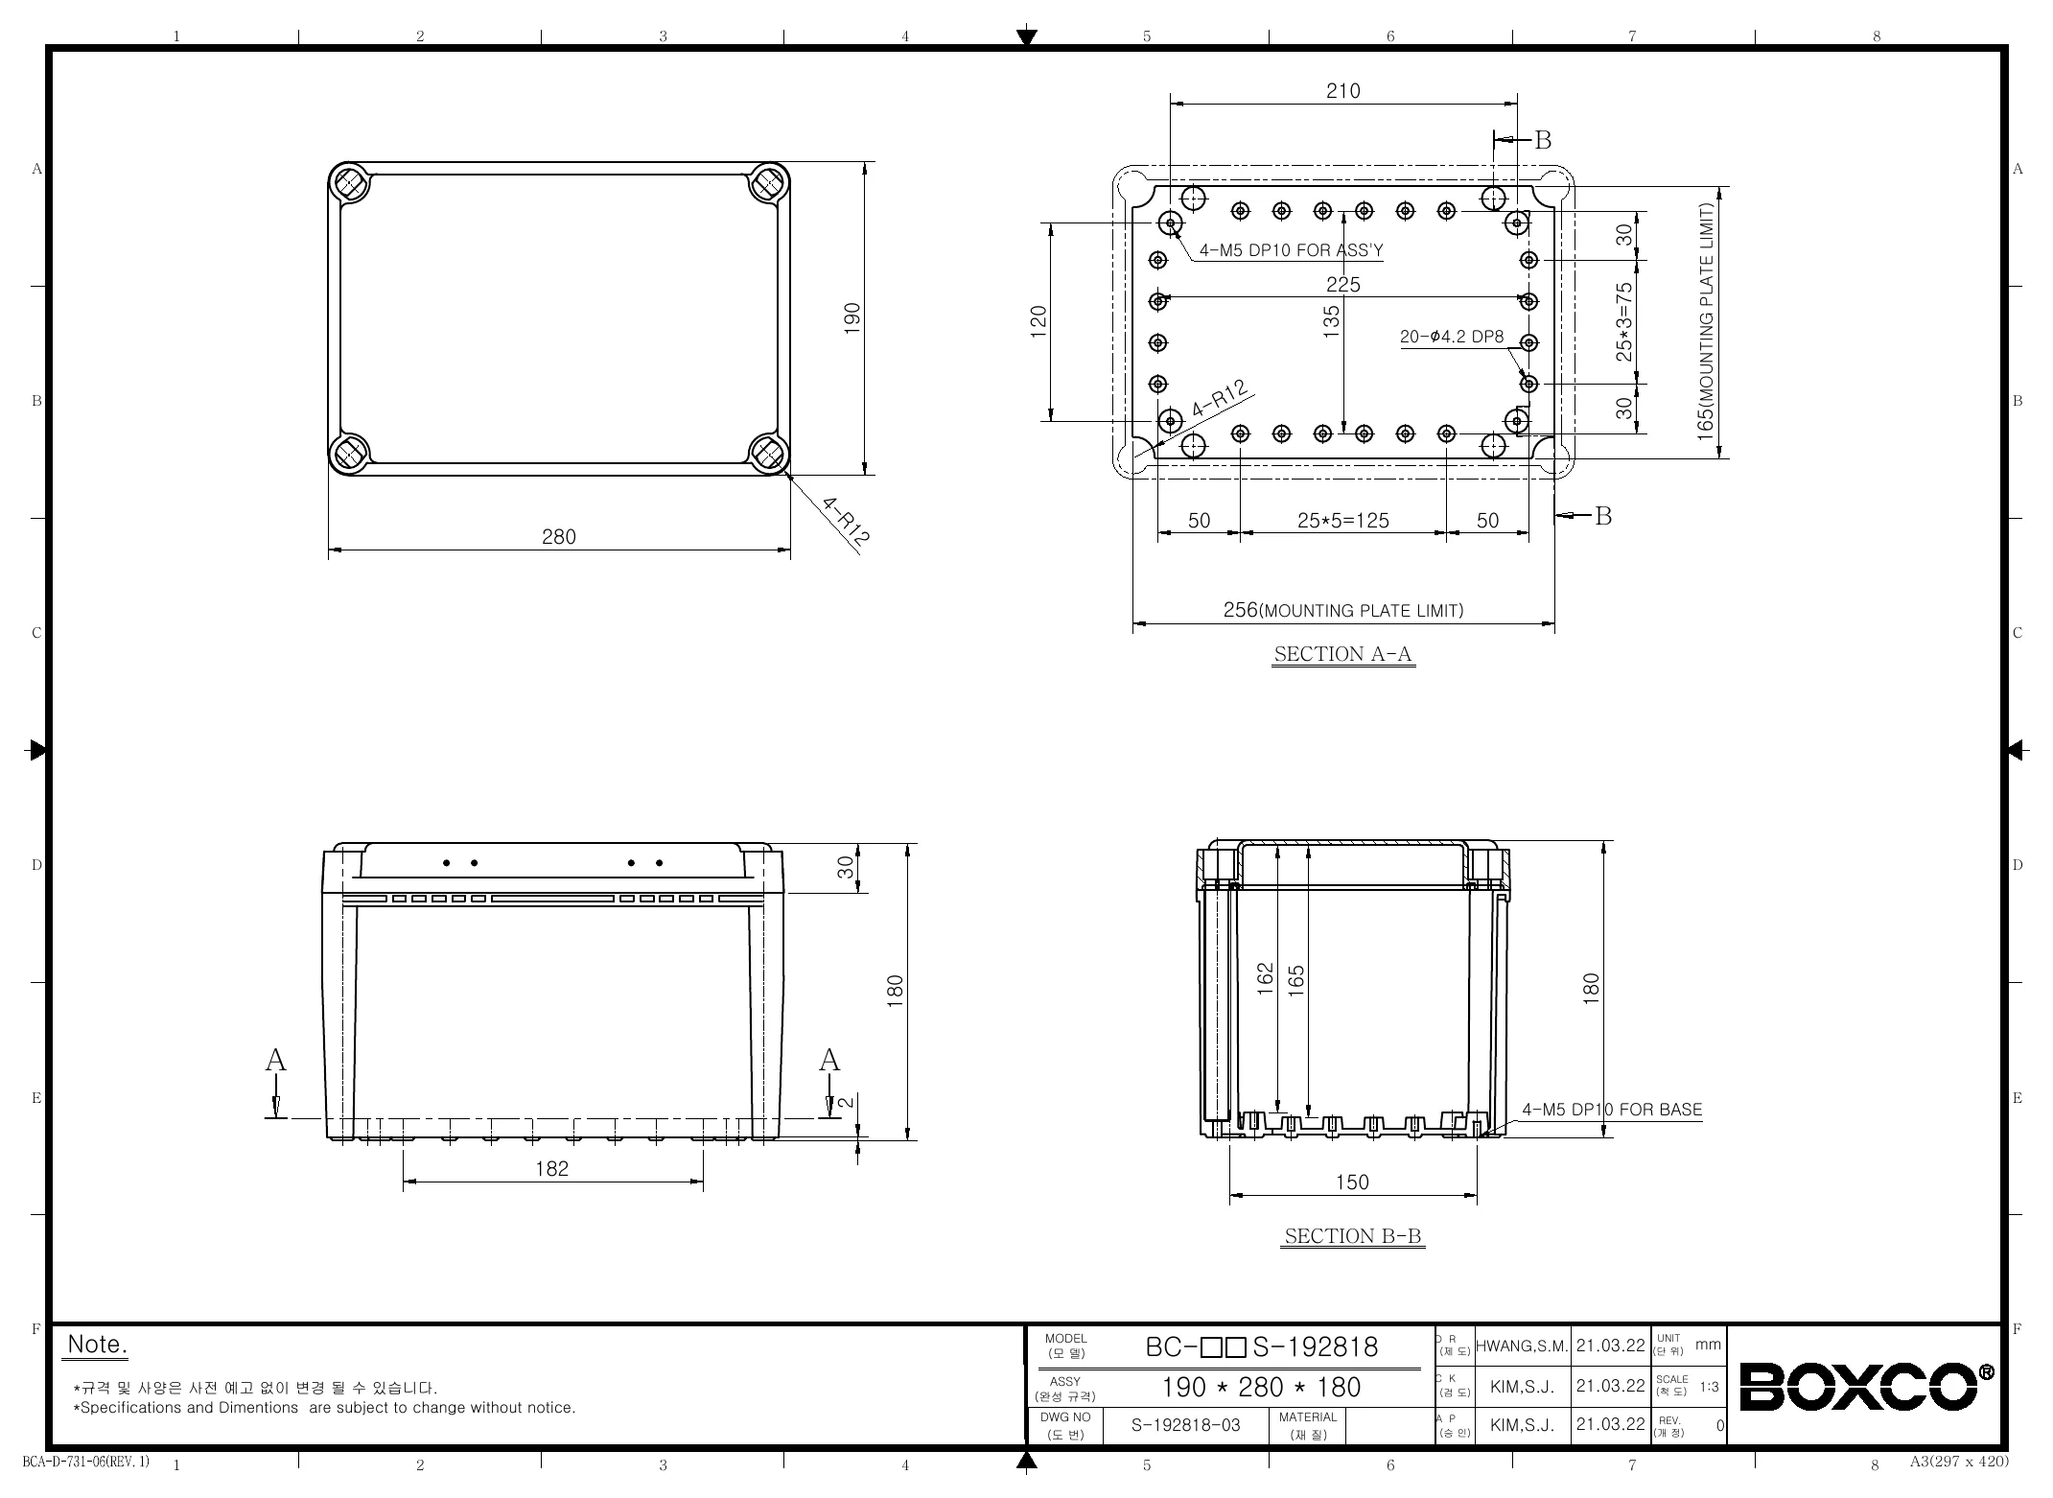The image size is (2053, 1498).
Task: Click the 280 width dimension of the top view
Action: tap(559, 537)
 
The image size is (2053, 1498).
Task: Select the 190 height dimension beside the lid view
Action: tap(852, 318)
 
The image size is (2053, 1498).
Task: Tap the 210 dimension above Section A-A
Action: tap(1343, 91)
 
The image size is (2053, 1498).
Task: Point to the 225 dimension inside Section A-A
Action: tap(1343, 285)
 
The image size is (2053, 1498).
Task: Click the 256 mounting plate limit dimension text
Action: tap(1343, 610)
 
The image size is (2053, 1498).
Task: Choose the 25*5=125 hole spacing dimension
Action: tap(1343, 521)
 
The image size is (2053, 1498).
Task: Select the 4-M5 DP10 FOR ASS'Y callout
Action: tap(1292, 251)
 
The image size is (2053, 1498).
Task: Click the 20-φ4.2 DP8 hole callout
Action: tap(1452, 337)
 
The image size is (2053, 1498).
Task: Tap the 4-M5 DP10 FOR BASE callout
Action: tap(1612, 1110)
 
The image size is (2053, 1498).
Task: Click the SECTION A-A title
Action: tap(1343, 654)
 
